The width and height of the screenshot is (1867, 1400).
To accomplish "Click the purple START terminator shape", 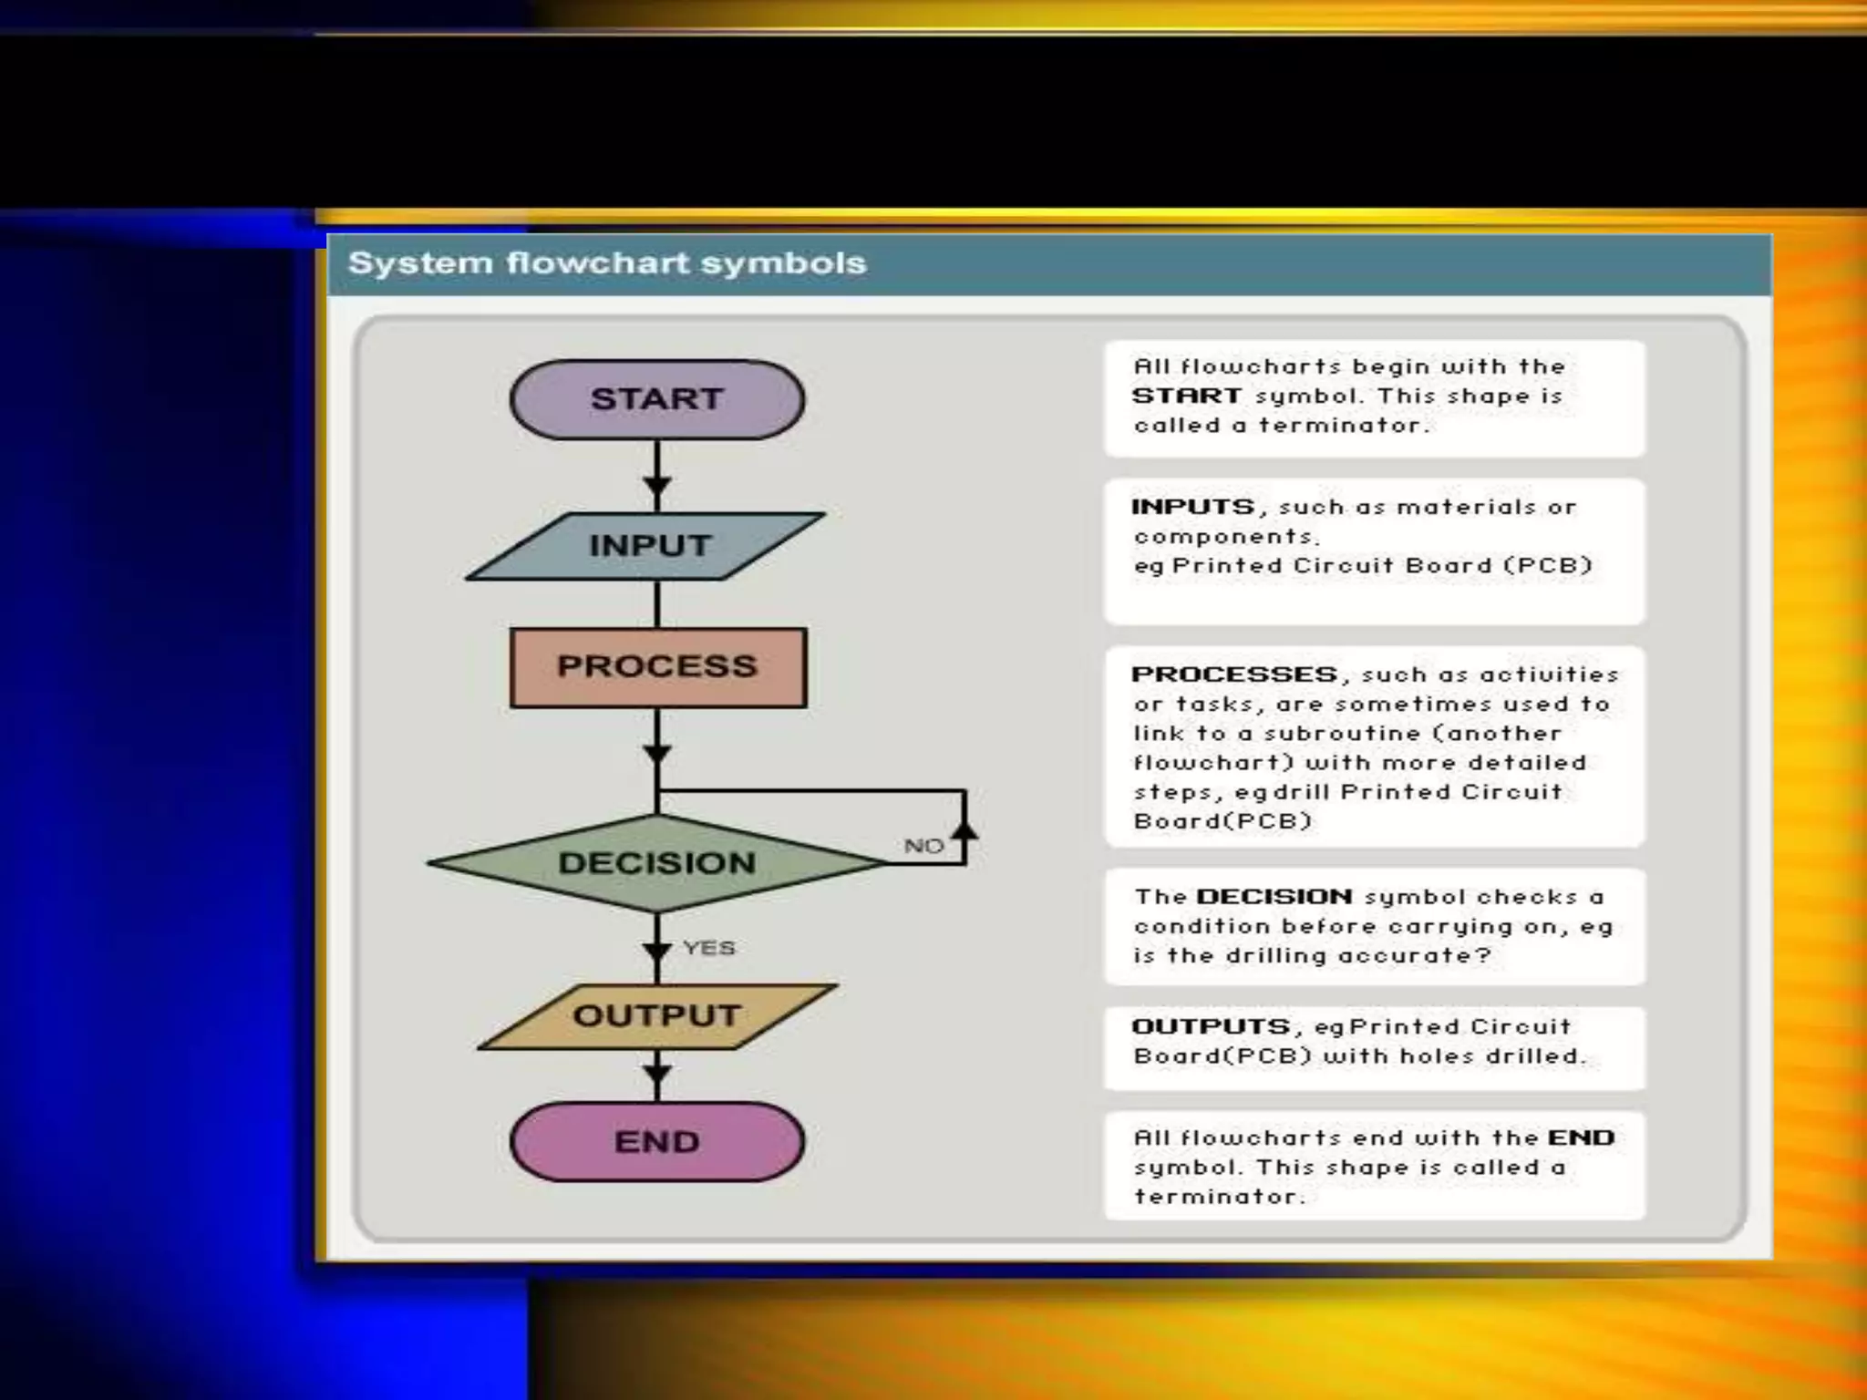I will [656, 399].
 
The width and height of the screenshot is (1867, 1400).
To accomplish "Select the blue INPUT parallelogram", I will [647, 546].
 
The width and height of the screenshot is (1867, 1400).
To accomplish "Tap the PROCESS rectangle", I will [657, 666].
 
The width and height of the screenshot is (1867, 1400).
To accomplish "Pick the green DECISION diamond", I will [656, 862].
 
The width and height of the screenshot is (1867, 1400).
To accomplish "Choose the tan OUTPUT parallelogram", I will [656, 1015].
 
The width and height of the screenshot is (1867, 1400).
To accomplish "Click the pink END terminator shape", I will [656, 1141].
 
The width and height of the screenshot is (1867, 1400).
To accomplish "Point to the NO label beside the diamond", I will [923, 846].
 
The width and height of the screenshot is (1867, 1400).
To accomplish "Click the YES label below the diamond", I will [709, 948].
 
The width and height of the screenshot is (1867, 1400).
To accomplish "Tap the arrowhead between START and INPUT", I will [656, 485].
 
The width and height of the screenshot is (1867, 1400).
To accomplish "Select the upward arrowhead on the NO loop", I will [964, 829].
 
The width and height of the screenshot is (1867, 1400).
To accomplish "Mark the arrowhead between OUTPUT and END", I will [656, 1073].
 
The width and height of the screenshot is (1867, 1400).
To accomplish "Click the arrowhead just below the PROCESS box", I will [656, 754].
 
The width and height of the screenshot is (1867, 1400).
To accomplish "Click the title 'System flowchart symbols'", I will [607, 263].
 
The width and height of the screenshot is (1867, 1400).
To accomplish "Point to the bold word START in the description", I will [1186, 396].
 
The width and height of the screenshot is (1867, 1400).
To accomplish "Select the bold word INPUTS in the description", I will [1192, 507].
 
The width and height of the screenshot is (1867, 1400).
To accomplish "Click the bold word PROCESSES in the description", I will [1234, 674].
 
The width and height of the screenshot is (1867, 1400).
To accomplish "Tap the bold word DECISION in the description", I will [1274, 897].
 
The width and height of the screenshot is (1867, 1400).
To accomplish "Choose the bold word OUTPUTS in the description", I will [1211, 1026].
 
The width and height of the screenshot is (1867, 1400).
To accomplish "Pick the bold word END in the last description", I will [1582, 1137].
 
